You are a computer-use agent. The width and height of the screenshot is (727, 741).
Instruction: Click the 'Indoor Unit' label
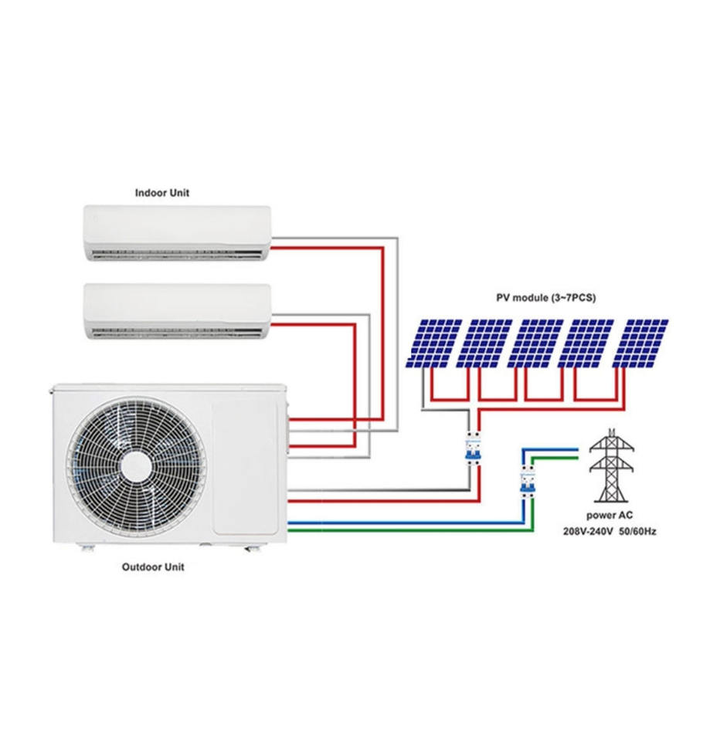coord(161,193)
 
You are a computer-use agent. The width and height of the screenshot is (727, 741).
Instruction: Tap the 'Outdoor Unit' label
coord(153,567)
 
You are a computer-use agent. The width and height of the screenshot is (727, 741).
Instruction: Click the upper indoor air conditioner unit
coord(177,232)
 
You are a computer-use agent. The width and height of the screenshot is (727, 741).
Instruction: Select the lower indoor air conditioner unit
coord(177,311)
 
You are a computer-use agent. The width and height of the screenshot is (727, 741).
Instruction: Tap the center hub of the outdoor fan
coord(136,465)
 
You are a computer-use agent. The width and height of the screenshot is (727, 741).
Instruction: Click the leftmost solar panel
coord(435,343)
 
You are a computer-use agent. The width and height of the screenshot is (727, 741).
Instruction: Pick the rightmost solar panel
coord(640,343)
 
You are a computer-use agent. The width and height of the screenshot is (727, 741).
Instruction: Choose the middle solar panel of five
coord(538,343)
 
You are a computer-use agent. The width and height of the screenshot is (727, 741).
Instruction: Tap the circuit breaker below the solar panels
coord(471,448)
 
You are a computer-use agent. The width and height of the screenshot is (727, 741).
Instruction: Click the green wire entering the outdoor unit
coord(386,531)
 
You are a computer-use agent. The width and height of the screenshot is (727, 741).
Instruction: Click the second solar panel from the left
coord(487,343)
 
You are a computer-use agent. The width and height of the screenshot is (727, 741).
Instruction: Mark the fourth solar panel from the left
coord(589,343)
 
